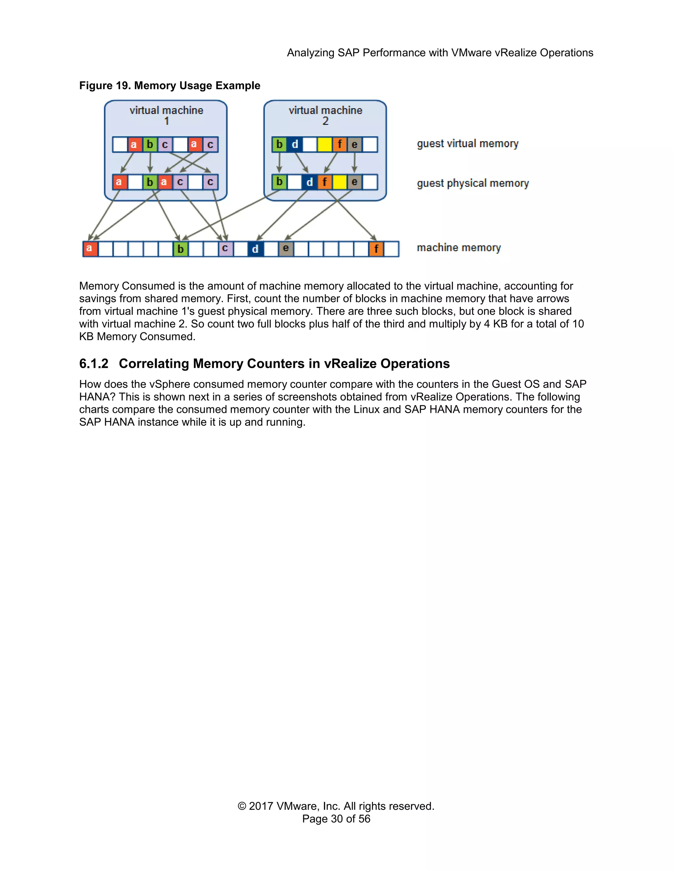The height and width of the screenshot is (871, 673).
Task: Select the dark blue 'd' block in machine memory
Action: click(255, 249)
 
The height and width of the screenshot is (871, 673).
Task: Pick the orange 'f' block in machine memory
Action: click(376, 249)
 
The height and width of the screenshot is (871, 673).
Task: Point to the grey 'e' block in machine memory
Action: click(286, 248)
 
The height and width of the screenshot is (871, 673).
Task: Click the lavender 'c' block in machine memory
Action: click(225, 248)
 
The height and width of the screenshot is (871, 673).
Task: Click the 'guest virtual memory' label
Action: click(467, 144)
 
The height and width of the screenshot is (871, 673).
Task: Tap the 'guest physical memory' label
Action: click(473, 183)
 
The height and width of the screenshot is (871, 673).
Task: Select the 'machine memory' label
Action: click(458, 248)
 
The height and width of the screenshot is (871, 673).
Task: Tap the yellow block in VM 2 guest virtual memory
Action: click(325, 144)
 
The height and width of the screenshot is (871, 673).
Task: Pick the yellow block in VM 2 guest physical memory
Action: click(340, 182)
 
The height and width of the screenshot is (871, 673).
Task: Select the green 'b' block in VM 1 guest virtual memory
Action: click(150, 144)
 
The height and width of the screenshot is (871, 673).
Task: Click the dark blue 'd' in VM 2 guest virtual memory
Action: click(295, 144)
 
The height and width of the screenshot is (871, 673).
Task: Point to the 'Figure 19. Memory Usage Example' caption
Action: click(170, 85)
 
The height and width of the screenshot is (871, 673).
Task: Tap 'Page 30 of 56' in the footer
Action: click(336, 819)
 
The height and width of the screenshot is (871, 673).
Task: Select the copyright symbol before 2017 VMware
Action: click(242, 806)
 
